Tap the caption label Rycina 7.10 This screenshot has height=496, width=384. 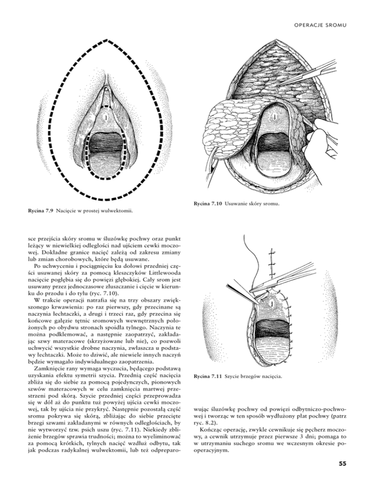[207, 204]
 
